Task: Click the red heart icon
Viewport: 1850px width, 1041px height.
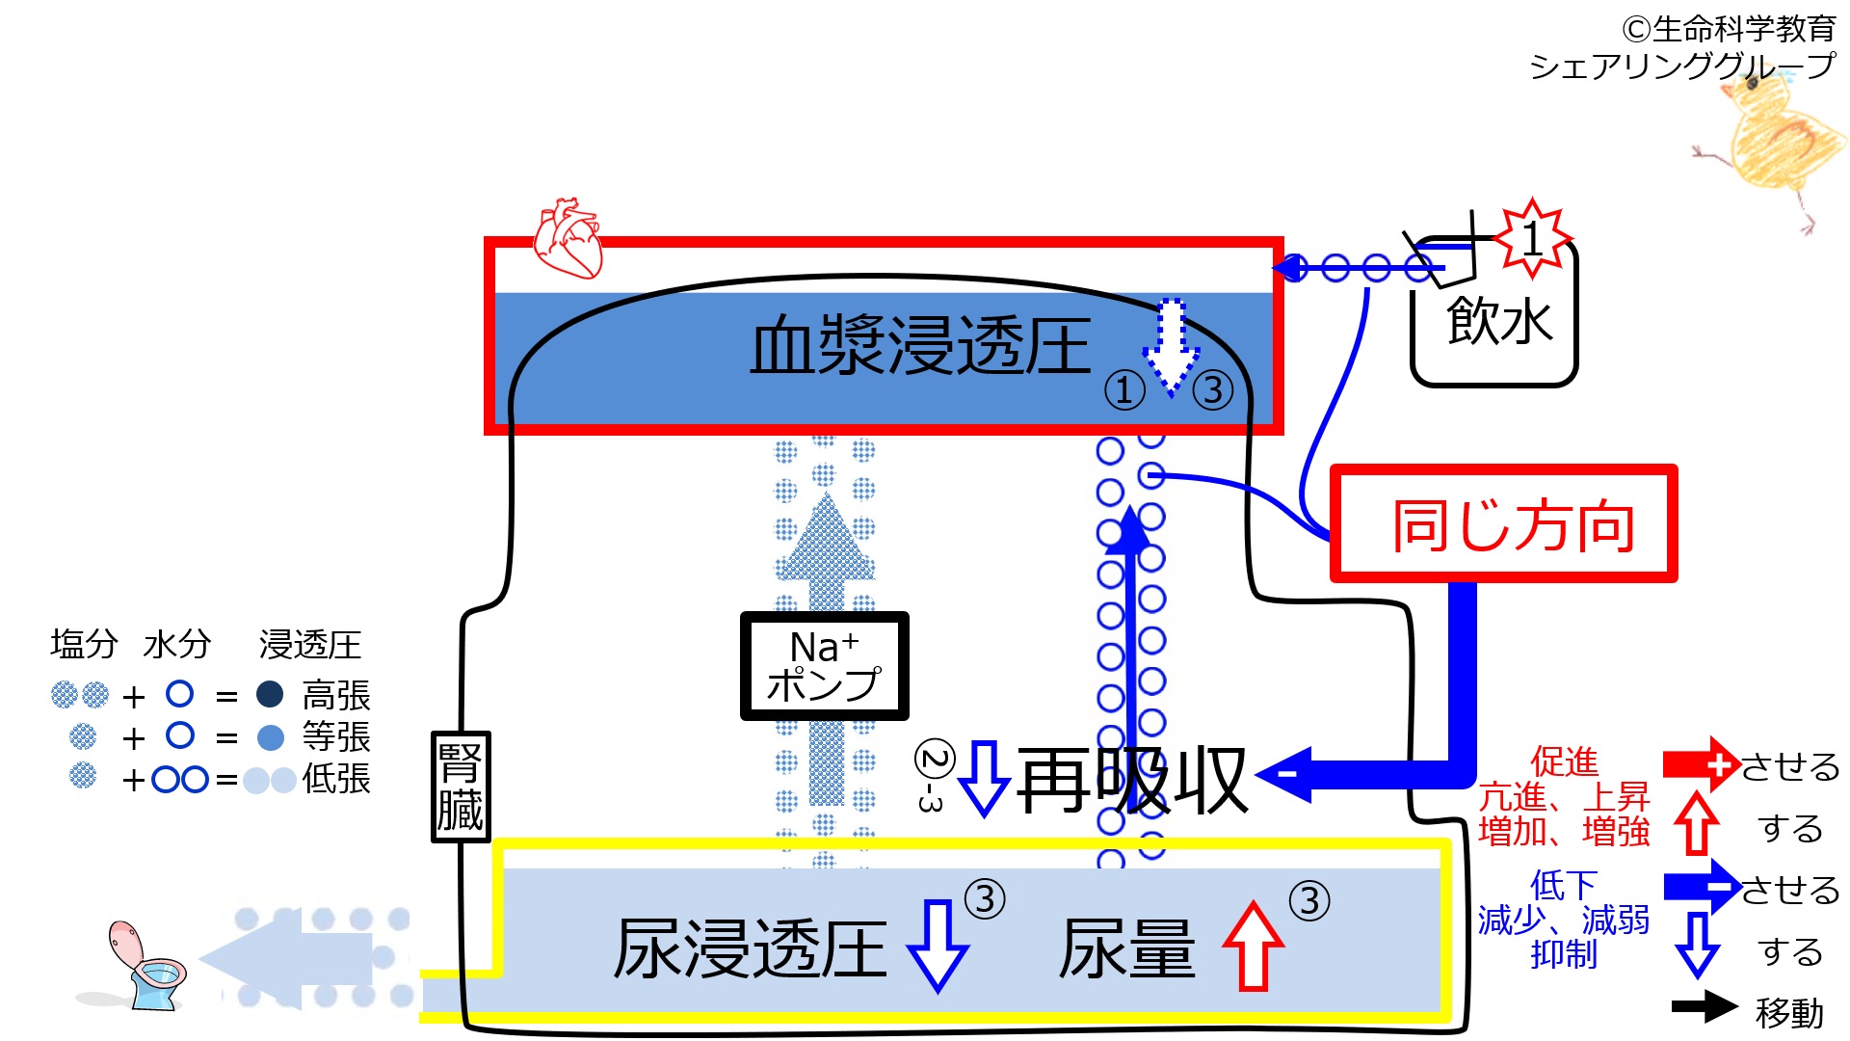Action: [568, 238]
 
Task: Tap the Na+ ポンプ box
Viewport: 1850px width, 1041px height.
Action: [824, 666]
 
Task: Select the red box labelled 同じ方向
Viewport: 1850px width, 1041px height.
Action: [1503, 524]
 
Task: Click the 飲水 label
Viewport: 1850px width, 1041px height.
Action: [1499, 321]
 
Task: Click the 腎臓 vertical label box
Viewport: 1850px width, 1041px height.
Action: [460, 787]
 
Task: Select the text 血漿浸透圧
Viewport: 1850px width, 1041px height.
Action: [920, 346]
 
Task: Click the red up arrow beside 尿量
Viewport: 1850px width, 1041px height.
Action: [1253, 947]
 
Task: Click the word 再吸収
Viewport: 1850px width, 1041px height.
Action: [1132, 781]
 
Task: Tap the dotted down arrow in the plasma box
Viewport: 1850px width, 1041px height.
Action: [1171, 347]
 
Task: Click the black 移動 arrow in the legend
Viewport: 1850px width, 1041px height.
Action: [1704, 1007]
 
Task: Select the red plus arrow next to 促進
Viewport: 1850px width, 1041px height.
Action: [1701, 764]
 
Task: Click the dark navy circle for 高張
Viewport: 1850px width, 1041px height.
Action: [270, 694]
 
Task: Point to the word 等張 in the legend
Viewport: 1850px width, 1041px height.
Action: [335, 737]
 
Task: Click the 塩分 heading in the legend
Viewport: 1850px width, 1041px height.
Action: [84, 644]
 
